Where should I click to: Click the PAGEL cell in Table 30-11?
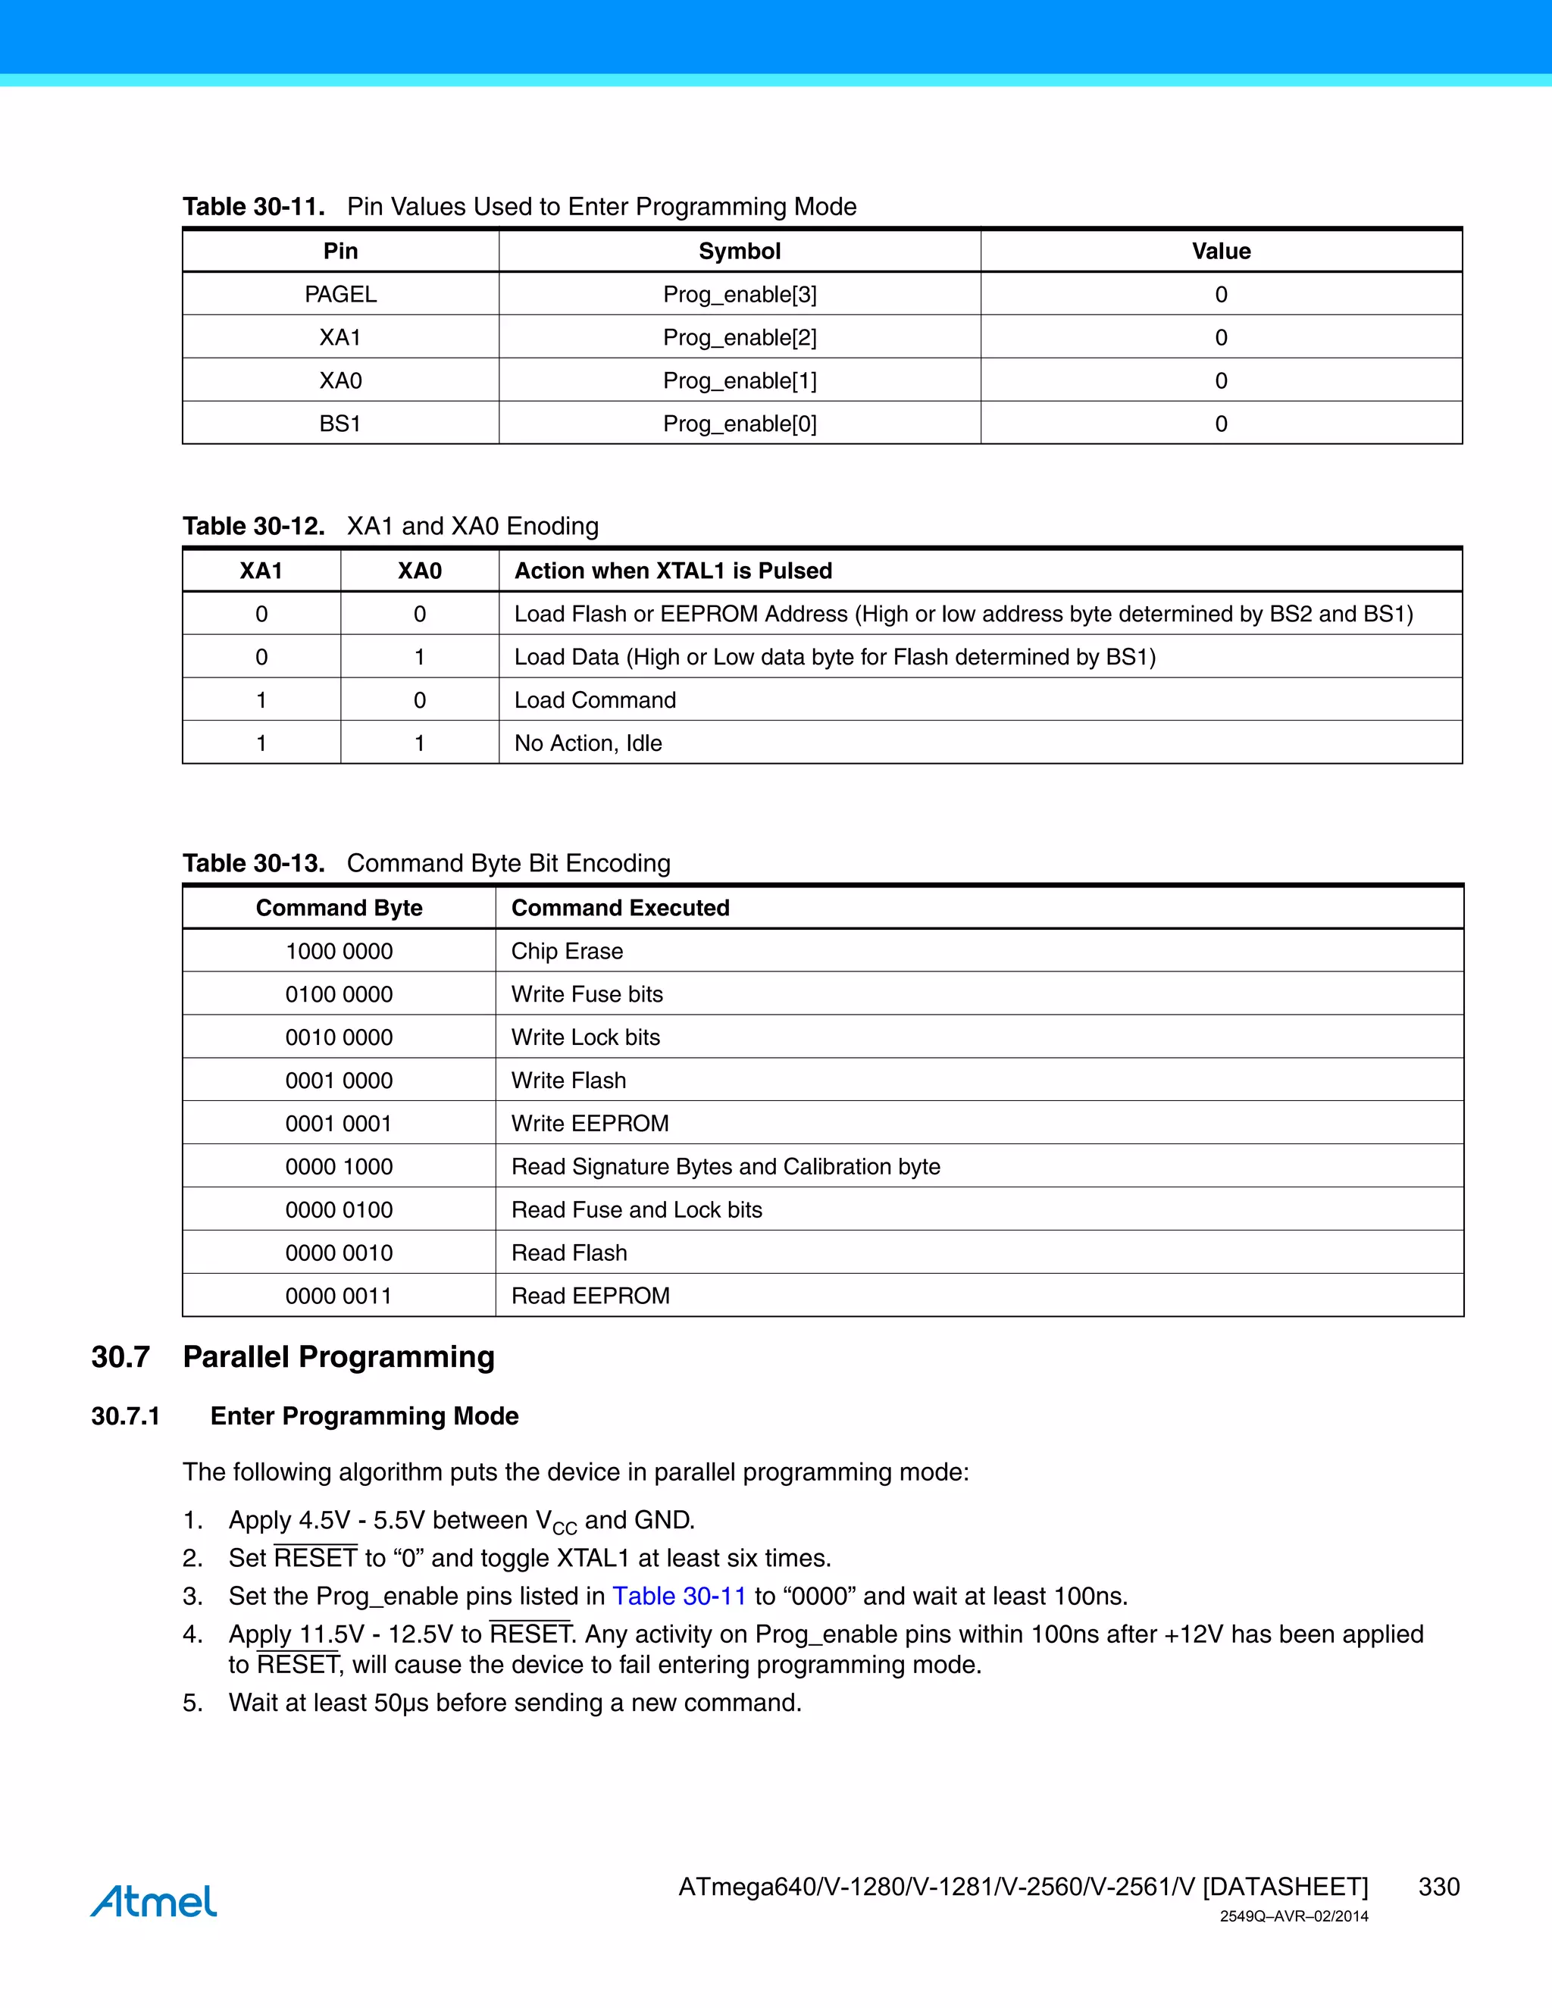[x=340, y=294]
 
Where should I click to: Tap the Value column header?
[x=1220, y=251]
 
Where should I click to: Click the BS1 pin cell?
[x=340, y=424]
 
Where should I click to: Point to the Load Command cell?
[x=595, y=701]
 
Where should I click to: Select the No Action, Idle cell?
[x=587, y=743]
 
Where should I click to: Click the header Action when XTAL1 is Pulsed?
[x=673, y=571]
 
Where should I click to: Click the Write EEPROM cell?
[x=590, y=1124]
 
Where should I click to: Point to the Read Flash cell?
[x=569, y=1253]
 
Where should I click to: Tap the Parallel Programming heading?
[x=338, y=1357]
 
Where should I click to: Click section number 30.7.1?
[x=125, y=1416]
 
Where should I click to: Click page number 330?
[x=1438, y=1887]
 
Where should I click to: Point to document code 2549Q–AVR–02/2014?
[x=1293, y=1917]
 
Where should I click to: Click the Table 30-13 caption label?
[x=254, y=863]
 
